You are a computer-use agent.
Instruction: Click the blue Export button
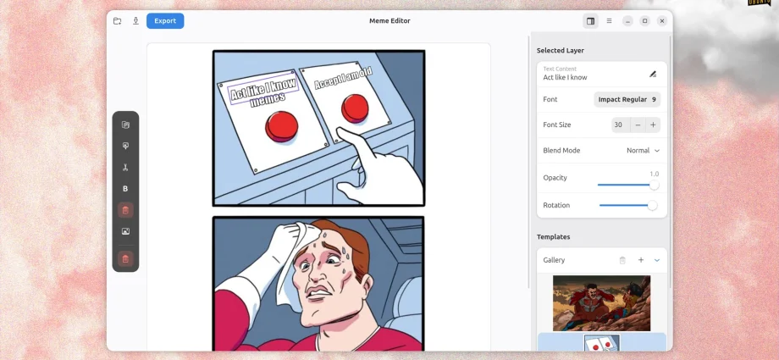(x=165, y=21)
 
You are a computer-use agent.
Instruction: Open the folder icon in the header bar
(x=118, y=21)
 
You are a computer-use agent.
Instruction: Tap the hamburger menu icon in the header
(x=609, y=21)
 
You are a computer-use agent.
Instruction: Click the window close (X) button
(x=662, y=21)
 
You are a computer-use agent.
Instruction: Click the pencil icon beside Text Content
(x=653, y=75)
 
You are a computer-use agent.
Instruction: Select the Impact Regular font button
(x=627, y=100)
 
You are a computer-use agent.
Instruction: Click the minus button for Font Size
(x=638, y=125)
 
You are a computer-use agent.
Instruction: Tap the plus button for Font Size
(x=653, y=125)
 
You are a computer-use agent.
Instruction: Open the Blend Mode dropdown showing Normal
(x=643, y=151)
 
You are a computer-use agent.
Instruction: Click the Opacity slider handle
(x=654, y=185)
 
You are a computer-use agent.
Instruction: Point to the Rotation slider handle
(x=652, y=205)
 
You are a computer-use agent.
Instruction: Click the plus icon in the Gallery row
(x=641, y=260)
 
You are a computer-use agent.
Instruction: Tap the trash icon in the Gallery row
(x=622, y=260)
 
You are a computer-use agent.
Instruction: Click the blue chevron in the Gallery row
(x=657, y=260)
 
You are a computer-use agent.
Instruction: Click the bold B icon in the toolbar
(x=125, y=189)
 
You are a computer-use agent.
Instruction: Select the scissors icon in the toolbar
(x=125, y=168)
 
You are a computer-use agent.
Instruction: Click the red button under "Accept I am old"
(x=354, y=108)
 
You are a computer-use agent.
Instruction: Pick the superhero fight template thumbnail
(x=601, y=302)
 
